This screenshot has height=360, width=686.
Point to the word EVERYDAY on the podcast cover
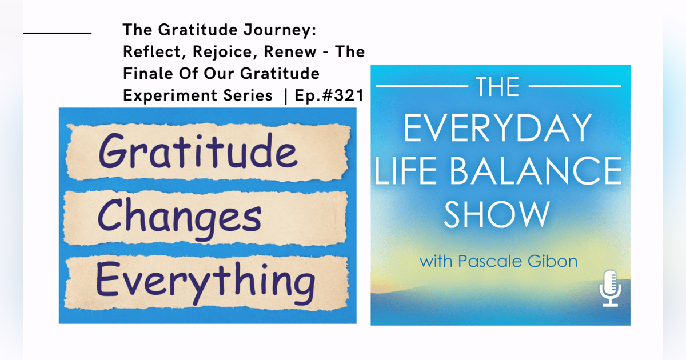coord(497,129)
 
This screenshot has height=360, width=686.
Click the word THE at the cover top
coord(496,87)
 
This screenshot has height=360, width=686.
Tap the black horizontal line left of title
coord(57,33)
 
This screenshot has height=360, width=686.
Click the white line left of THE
coord(420,87)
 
